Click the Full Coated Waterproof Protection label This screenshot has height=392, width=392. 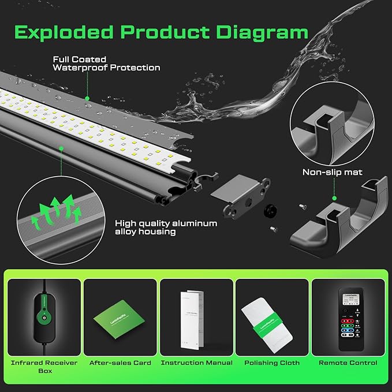point(106,64)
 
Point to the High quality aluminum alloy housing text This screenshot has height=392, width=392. point(166,227)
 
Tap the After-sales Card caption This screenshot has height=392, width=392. point(120,363)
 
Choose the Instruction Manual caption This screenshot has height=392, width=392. point(196,363)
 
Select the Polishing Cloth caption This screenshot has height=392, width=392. point(272,363)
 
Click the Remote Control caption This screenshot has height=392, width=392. point(348,363)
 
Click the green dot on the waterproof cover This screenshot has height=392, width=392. point(87,98)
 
